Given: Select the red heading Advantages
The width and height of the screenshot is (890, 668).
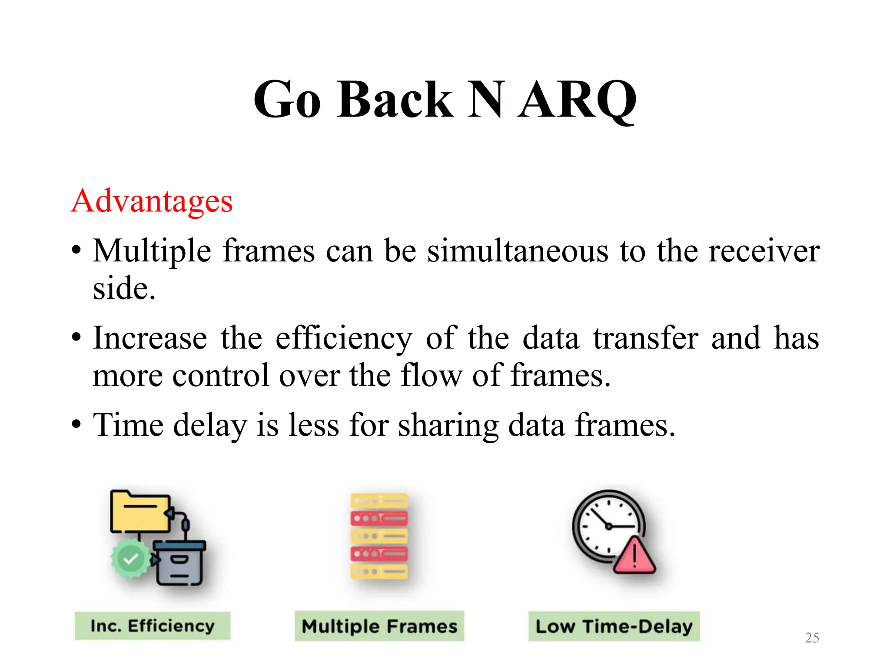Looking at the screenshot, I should [x=152, y=201].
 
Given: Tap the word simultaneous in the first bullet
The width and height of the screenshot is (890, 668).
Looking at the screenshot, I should [x=518, y=251].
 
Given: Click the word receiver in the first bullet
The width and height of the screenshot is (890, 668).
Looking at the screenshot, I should [x=764, y=251].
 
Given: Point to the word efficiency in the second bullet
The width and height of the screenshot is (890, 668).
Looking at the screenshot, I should [x=344, y=339].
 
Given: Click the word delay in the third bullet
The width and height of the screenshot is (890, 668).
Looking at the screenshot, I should [x=210, y=425].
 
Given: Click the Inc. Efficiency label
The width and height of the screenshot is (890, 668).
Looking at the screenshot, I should [x=152, y=626].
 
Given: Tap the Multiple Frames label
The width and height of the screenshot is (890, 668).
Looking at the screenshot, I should [x=379, y=626].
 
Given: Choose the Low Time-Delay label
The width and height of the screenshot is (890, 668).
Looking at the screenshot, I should [x=614, y=626].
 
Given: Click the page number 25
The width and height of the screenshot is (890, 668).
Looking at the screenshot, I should [x=812, y=638].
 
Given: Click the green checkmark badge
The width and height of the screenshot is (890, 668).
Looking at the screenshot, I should [x=130, y=559].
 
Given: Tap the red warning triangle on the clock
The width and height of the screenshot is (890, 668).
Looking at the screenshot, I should [x=634, y=557].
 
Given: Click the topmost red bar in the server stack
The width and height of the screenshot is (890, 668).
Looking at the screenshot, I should [x=379, y=518].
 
